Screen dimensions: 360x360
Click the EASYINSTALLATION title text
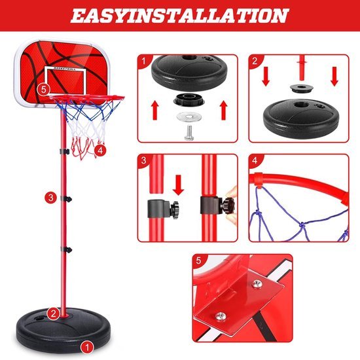tap(180, 16)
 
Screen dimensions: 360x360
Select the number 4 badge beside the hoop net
tap(99, 150)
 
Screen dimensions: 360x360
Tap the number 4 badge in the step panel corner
tap(255, 159)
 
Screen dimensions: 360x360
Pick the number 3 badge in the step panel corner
tap(143, 159)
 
